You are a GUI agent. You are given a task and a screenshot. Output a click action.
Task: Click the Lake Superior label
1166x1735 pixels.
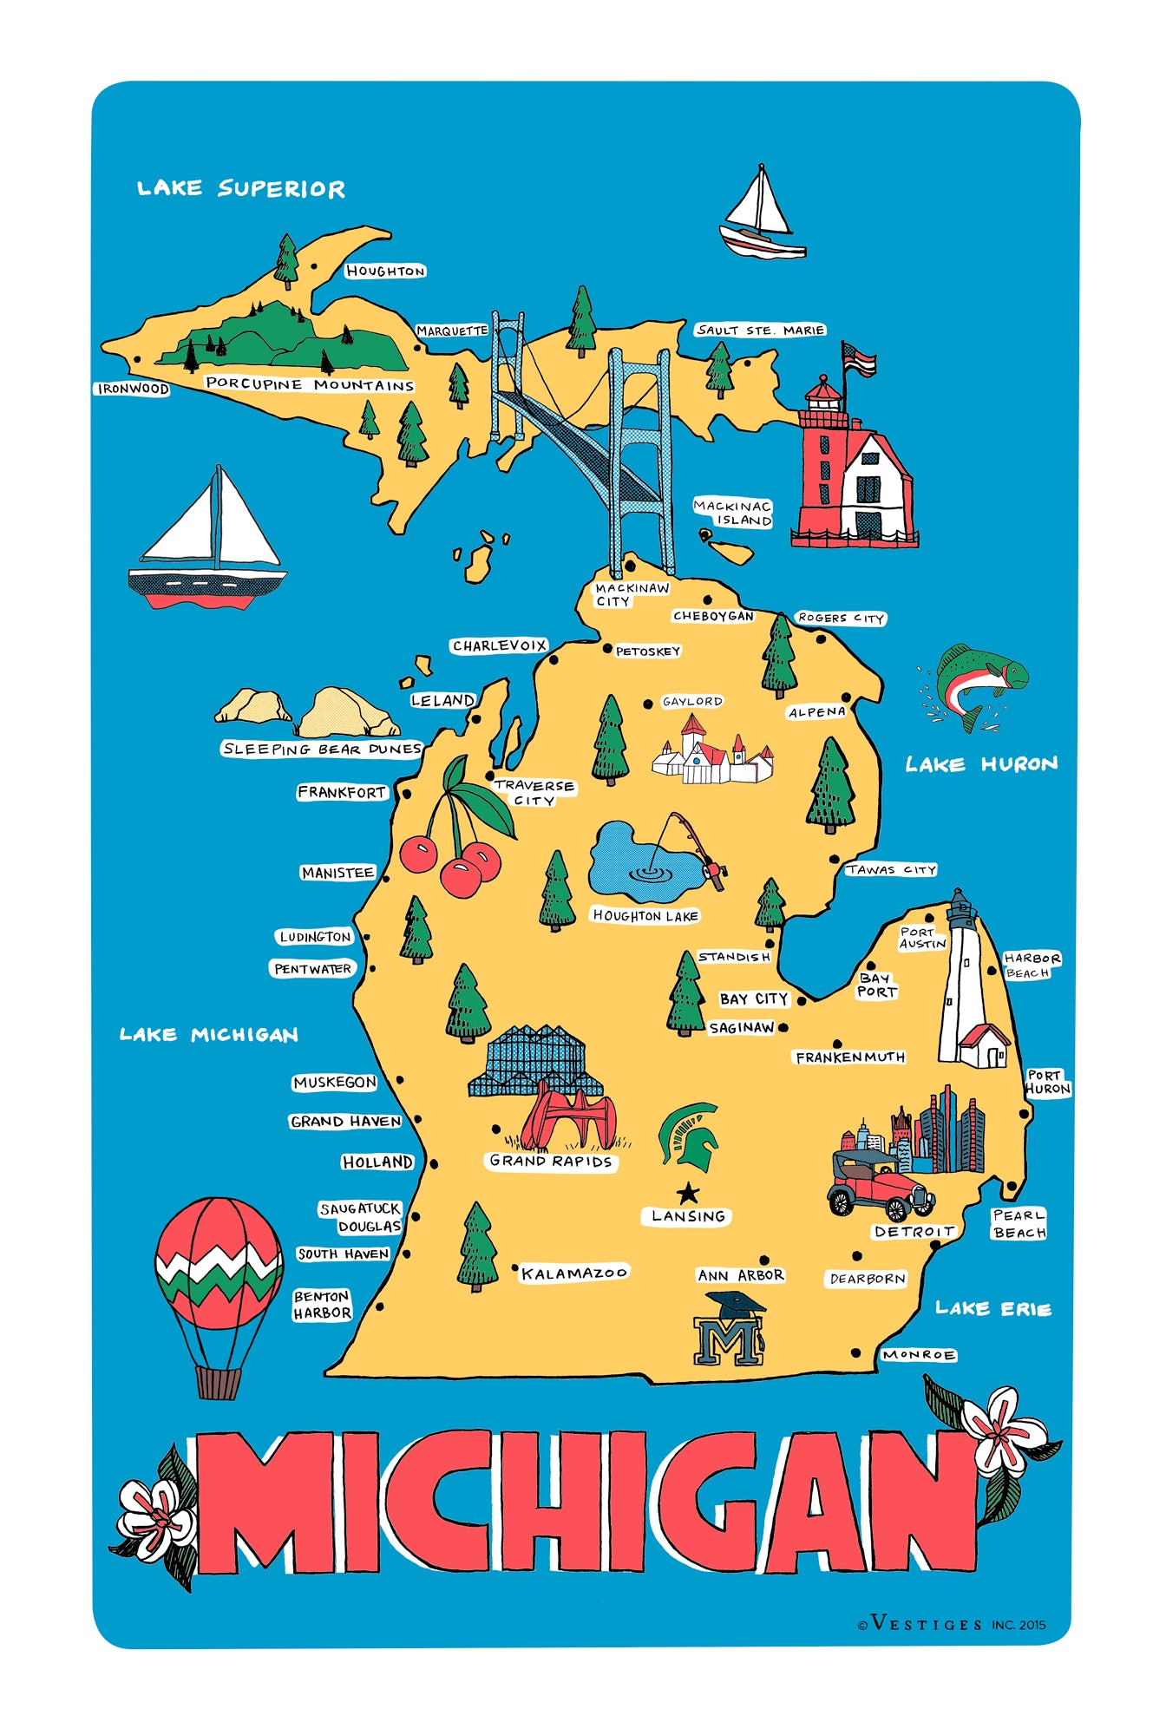coord(240,188)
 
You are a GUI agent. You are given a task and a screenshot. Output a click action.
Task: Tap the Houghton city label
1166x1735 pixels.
coord(385,272)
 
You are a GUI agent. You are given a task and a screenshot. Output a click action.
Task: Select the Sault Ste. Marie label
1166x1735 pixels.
coord(760,331)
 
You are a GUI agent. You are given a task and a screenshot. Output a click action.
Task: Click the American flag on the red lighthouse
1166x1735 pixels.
coord(859,358)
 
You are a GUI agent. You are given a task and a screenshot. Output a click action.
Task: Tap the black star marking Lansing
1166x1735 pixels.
coord(688,1192)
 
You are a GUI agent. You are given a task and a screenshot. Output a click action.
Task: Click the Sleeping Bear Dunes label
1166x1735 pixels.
coord(322,749)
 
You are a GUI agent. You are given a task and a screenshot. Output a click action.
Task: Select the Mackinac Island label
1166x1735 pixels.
coord(733,513)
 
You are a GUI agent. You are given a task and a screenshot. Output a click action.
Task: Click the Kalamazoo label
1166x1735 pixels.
coord(573,1273)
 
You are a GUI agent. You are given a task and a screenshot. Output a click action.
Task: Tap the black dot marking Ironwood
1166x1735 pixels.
coord(137,358)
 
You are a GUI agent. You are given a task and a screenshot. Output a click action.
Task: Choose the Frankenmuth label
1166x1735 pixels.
coord(849,1057)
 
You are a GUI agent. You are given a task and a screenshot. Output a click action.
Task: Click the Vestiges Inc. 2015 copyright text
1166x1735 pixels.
coord(953,1625)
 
